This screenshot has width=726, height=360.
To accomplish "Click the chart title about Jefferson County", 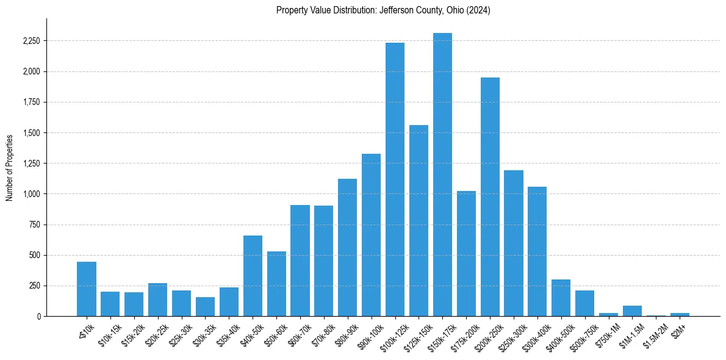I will click(x=383, y=10).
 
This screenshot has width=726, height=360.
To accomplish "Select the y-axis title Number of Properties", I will click(x=9, y=167).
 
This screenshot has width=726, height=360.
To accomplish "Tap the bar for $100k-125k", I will click(x=395, y=179).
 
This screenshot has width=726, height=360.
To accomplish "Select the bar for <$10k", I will click(x=87, y=289).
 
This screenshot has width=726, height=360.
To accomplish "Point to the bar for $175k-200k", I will click(x=466, y=253).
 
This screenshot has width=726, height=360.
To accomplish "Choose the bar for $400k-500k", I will click(x=561, y=298).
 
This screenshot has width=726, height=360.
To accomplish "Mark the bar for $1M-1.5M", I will click(x=632, y=311).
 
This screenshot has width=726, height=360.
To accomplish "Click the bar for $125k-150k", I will click(x=419, y=220).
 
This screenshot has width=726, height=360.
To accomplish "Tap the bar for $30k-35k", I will click(x=205, y=306).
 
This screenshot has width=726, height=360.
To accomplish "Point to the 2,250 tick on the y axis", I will click(x=31, y=41).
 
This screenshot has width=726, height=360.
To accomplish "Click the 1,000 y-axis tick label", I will click(x=32, y=194).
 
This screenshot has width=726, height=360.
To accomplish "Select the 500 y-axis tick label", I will click(x=35, y=255).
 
